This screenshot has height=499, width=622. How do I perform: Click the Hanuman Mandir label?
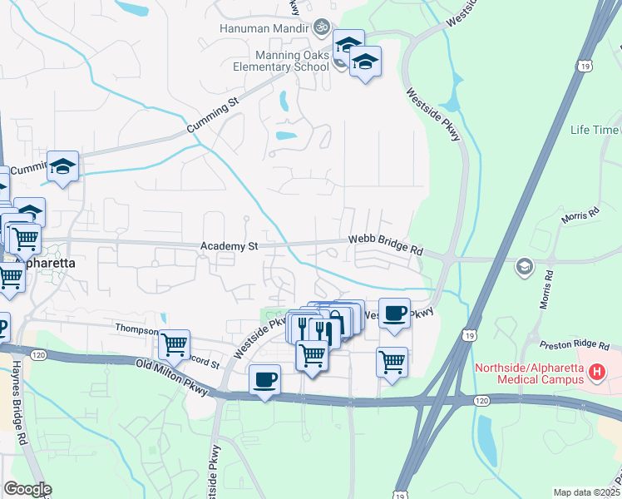(264, 27)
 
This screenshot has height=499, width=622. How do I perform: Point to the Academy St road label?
(230, 247)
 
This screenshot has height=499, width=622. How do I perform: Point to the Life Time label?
(595, 131)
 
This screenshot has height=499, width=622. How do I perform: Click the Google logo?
(27, 489)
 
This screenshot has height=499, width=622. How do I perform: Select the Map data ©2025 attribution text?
(585, 492)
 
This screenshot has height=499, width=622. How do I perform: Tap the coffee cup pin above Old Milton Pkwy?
(264, 379)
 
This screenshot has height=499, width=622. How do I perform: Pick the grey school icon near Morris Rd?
(524, 266)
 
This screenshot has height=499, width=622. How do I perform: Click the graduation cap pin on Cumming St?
(62, 166)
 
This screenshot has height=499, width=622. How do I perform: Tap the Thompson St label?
(136, 328)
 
